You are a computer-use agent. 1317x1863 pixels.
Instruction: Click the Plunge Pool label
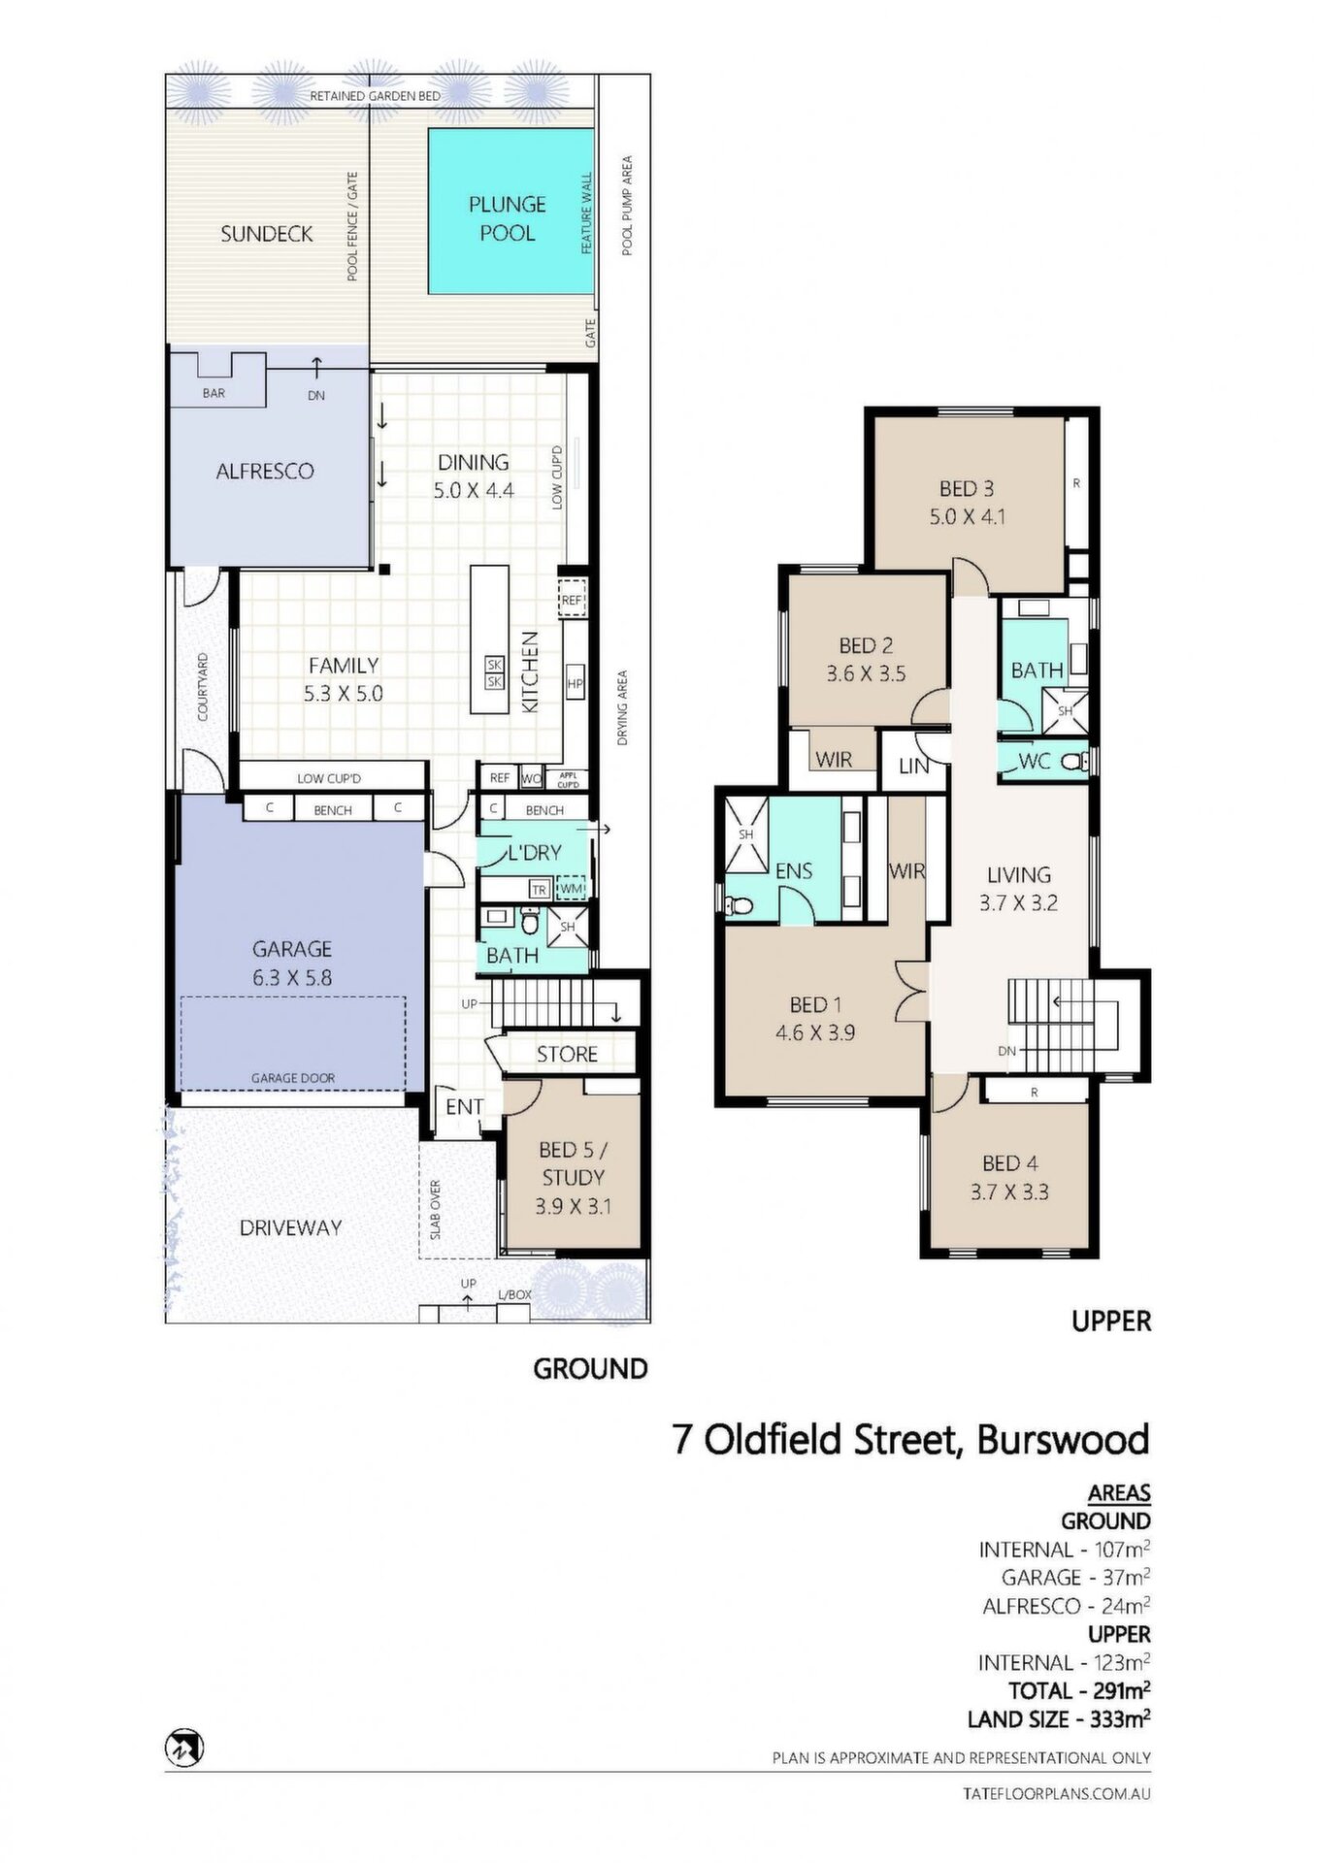pyautogui.click(x=507, y=218)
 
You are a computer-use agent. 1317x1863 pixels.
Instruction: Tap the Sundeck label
pyautogui.click(x=266, y=234)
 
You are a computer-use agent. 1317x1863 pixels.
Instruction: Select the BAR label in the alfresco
pyautogui.click(x=214, y=393)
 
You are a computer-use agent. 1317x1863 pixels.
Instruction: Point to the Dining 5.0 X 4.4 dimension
pyautogui.click(x=474, y=491)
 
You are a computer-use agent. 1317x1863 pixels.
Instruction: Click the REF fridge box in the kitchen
pyautogui.click(x=573, y=601)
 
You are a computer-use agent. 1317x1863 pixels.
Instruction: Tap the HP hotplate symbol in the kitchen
pyautogui.click(x=575, y=684)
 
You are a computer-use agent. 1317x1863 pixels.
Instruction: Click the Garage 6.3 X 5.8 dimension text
pyautogui.click(x=292, y=978)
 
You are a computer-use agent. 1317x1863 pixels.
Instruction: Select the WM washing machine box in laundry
pyautogui.click(x=572, y=889)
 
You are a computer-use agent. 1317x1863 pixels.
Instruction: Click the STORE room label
pyautogui.click(x=567, y=1054)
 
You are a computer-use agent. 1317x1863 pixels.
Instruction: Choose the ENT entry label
pyautogui.click(x=464, y=1107)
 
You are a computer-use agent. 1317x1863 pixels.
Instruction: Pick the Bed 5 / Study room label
pyautogui.click(x=573, y=1163)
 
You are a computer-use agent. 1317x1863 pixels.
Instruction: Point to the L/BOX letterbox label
pyautogui.click(x=514, y=1294)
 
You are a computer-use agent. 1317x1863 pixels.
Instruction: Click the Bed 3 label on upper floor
pyautogui.click(x=966, y=489)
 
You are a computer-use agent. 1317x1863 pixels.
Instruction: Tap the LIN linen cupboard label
pyautogui.click(x=913, y=766)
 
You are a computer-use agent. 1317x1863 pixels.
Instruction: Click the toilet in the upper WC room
pyautogui.click(x=1074, y=762)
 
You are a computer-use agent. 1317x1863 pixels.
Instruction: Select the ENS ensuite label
pyautogui.click(x=793, y=871)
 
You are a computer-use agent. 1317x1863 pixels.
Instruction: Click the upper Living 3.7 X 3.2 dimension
pyautogui.click(x=1018, y=903)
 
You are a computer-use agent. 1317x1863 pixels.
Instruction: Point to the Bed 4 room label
pyautogui.click(x=1009, y=1163)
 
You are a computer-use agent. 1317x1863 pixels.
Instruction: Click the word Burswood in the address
pyautogui.click(x=1063, y=1439)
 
